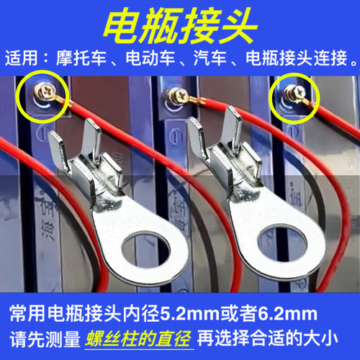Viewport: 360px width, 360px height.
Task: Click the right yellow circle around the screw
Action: click(x=294, y=96)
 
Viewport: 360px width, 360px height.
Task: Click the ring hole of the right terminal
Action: click(x=278, y=242)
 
